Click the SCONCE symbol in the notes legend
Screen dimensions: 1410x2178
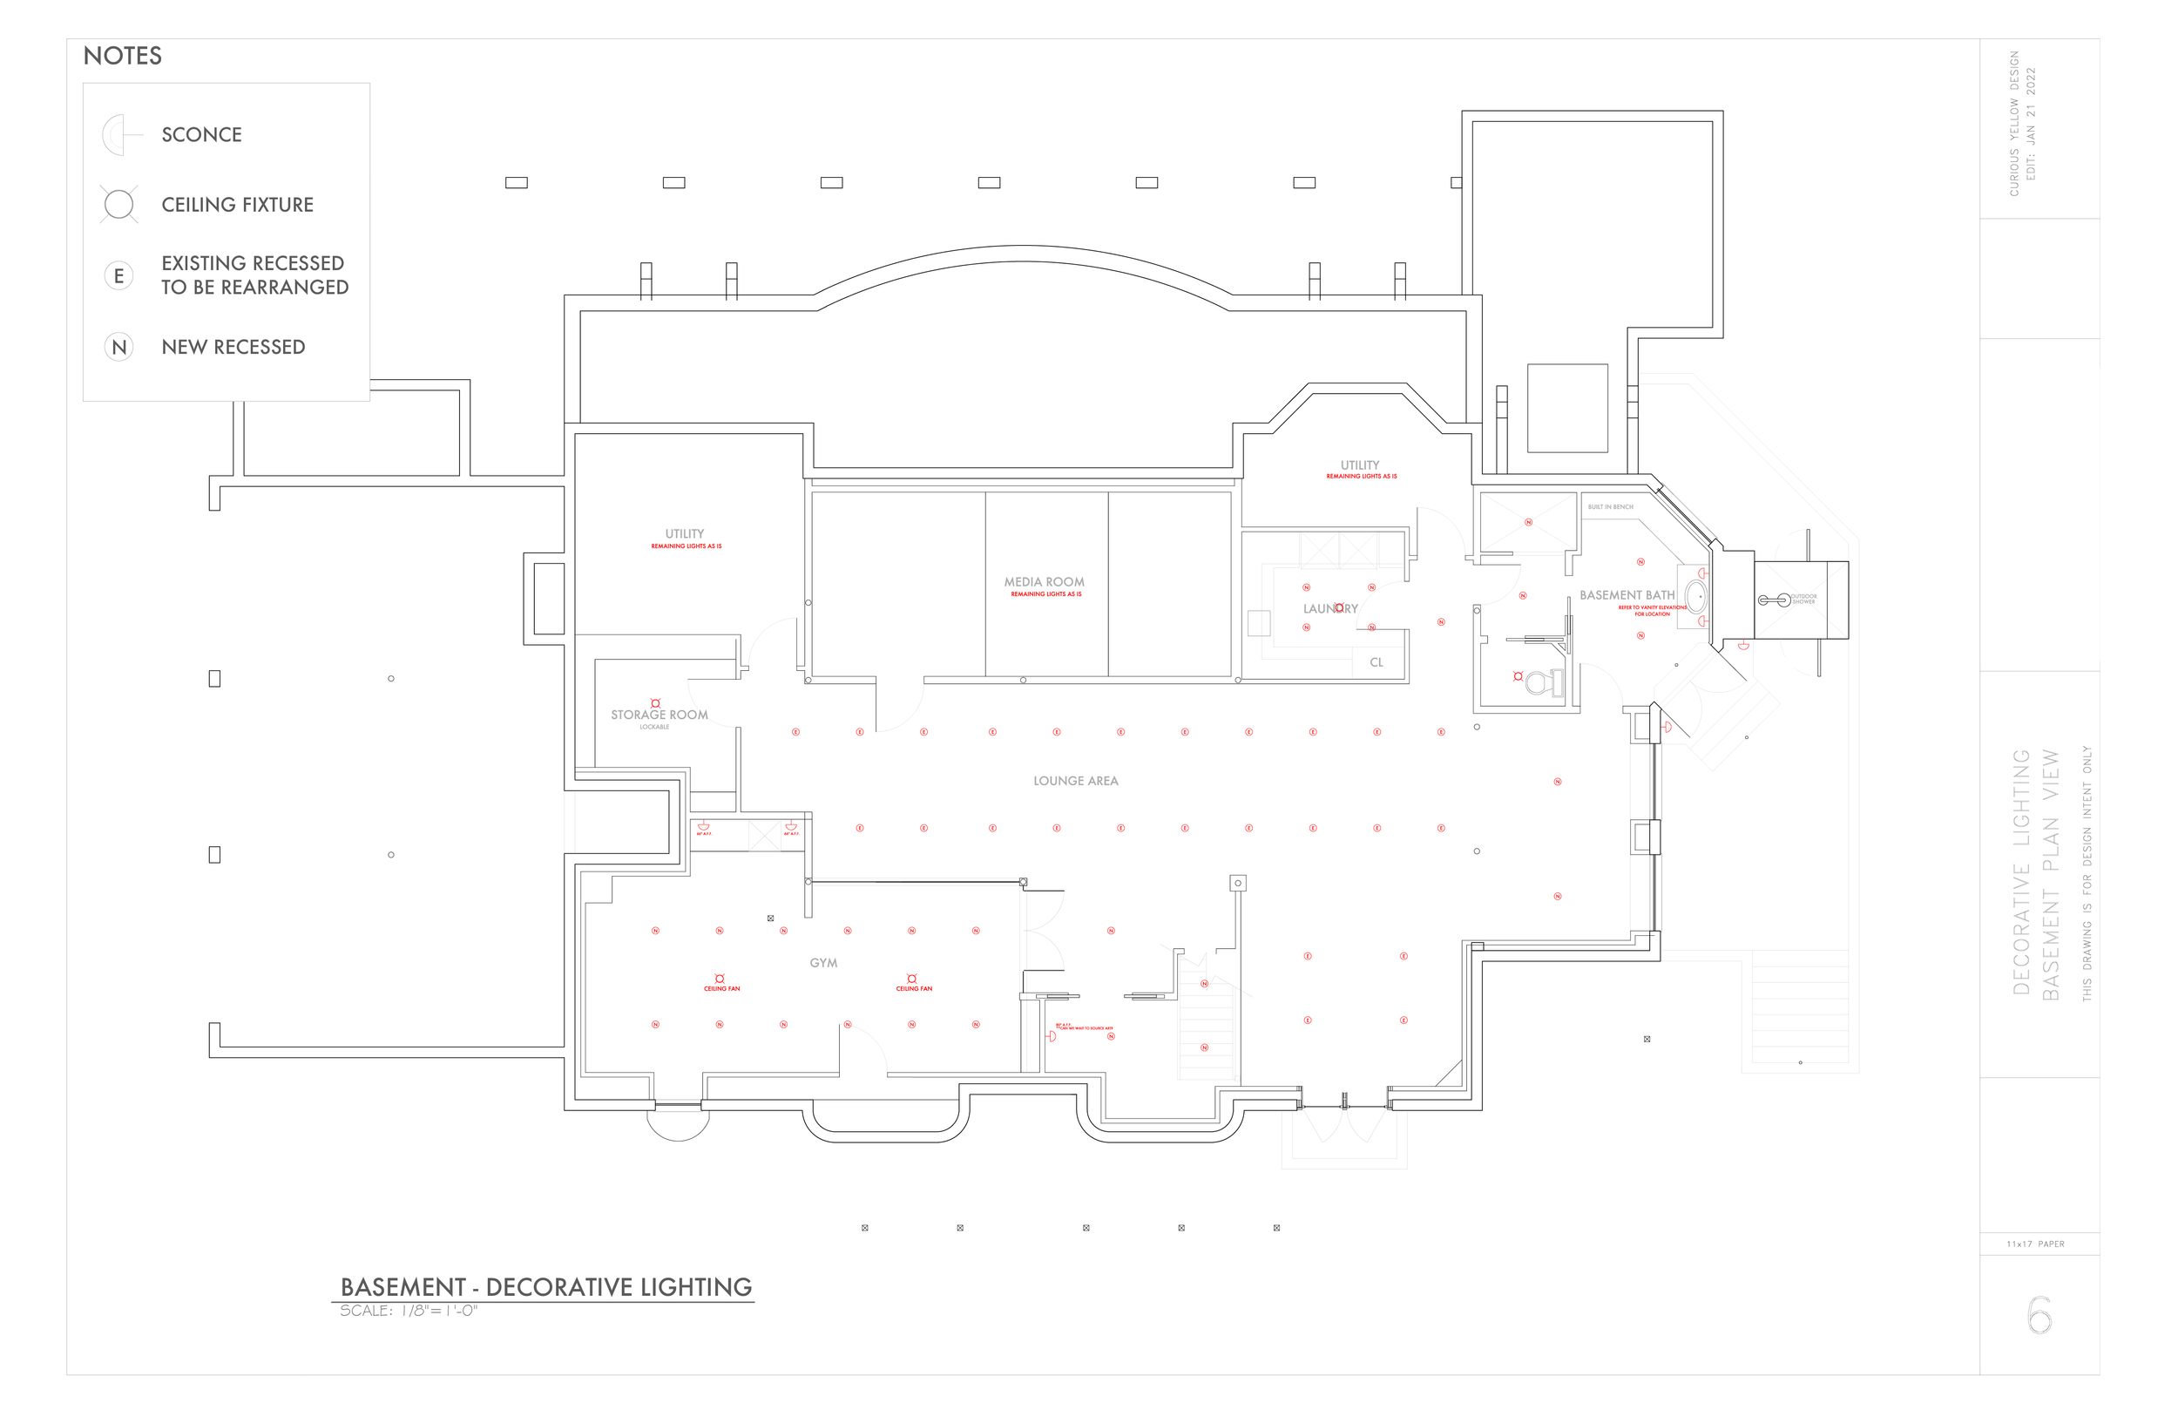[x=119, y=134]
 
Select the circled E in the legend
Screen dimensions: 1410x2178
[x=119, y=275]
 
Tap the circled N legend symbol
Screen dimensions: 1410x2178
[x=119, y=347]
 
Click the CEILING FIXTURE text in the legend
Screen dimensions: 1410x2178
[x=237, y=205]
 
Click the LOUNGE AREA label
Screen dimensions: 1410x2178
[x=1075, y=781]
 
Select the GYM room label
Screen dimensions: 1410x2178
[x=822, y=963]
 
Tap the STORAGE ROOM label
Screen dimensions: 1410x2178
[x=659, y=715]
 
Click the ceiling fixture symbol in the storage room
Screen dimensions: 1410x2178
[x=655, y=703]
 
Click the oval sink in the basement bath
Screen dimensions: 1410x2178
[x=1695, y=597]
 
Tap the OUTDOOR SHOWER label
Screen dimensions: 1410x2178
[x=1803, y=600]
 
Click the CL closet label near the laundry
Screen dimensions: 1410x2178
[x=1376, y=663]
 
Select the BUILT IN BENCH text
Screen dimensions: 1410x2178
[x=1611, y=507]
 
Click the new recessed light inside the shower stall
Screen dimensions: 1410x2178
[x=1528, y=523]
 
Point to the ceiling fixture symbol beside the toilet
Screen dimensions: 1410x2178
[x=1519, y=676]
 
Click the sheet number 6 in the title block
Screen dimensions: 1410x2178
[x=2039, y=1317]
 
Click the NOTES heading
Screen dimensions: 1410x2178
[x=123, y=56]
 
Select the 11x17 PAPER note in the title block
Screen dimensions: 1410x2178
[x=2035, y=1244]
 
